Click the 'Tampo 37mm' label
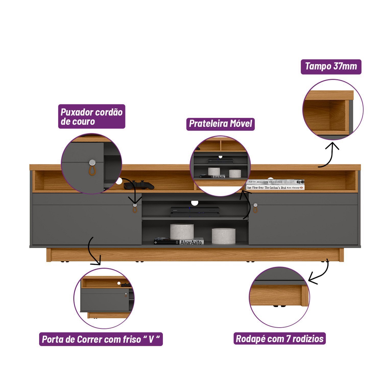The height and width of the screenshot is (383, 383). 331,67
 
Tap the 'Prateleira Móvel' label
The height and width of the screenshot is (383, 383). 220,124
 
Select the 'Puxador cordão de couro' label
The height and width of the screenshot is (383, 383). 91,116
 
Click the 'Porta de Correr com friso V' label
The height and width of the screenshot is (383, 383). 101,339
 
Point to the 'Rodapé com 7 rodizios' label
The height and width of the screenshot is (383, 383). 280,339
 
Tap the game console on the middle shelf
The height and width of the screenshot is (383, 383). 195,212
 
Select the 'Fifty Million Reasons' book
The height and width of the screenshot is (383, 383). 275,182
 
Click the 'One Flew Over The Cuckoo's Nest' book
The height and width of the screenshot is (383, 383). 275,187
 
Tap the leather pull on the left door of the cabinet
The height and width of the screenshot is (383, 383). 135,208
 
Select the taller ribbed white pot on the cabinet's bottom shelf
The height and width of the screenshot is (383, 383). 182,231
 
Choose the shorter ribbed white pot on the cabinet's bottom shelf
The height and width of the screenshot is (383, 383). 223,236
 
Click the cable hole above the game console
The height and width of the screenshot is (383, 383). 195,203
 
